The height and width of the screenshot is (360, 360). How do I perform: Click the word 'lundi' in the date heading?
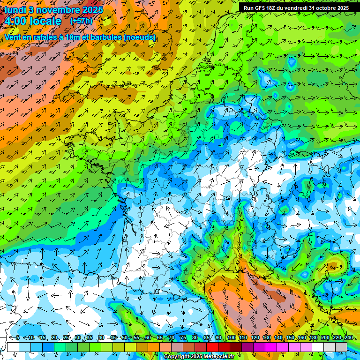15,10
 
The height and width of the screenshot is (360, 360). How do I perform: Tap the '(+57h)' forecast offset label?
82,21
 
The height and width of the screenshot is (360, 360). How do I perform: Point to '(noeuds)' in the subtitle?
140,37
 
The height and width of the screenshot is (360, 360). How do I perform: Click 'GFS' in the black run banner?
259,8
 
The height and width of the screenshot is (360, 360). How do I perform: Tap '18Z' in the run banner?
271,8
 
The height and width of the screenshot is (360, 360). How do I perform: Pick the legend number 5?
18,338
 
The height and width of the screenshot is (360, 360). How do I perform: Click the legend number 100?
232,338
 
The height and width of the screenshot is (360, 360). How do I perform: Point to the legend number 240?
349,338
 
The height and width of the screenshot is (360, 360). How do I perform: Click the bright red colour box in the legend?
212,347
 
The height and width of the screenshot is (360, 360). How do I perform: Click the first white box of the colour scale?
13,347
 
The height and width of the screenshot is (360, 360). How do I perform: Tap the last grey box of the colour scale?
341,347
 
